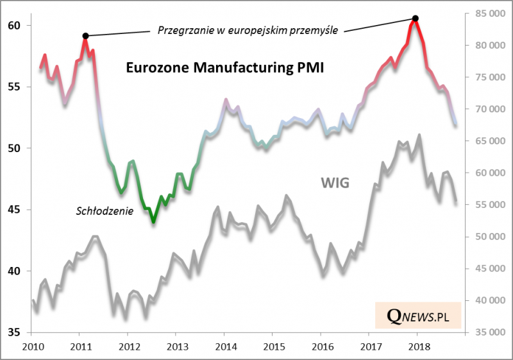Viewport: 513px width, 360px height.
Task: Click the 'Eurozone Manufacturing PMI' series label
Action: [x=224, y=68]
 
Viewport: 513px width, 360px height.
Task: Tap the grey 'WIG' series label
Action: [x=335, y=184]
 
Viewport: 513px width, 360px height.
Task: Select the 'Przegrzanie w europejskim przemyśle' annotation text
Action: [x=248, y=29]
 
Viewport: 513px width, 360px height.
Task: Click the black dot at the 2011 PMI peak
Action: [x=85, y=35]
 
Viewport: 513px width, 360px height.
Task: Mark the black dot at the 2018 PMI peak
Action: [x=416, y=19]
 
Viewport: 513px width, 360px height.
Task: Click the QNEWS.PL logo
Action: [x=418, y=315]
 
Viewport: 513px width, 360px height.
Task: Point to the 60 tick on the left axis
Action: [x=14, y=26]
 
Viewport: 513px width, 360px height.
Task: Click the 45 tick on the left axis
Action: [x=14, y=210]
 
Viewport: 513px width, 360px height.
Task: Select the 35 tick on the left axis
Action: [x=14, y=332]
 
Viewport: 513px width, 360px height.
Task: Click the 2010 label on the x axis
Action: [x=32, y=347]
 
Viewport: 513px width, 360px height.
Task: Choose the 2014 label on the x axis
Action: [x=224, y=347]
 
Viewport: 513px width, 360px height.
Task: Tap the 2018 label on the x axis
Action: [x=417, y=347]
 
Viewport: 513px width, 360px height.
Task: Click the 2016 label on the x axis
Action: [x=321, y=347]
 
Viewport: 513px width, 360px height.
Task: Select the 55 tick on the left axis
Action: [x=14, y=87]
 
